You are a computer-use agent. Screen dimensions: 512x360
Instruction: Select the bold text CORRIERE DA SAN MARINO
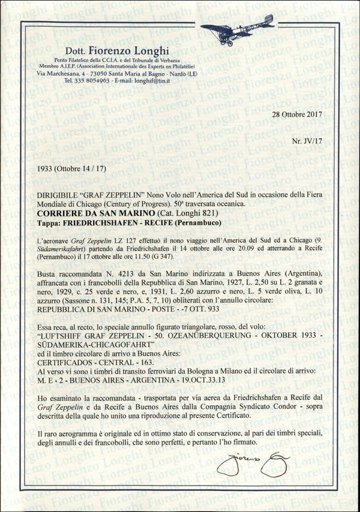97,213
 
